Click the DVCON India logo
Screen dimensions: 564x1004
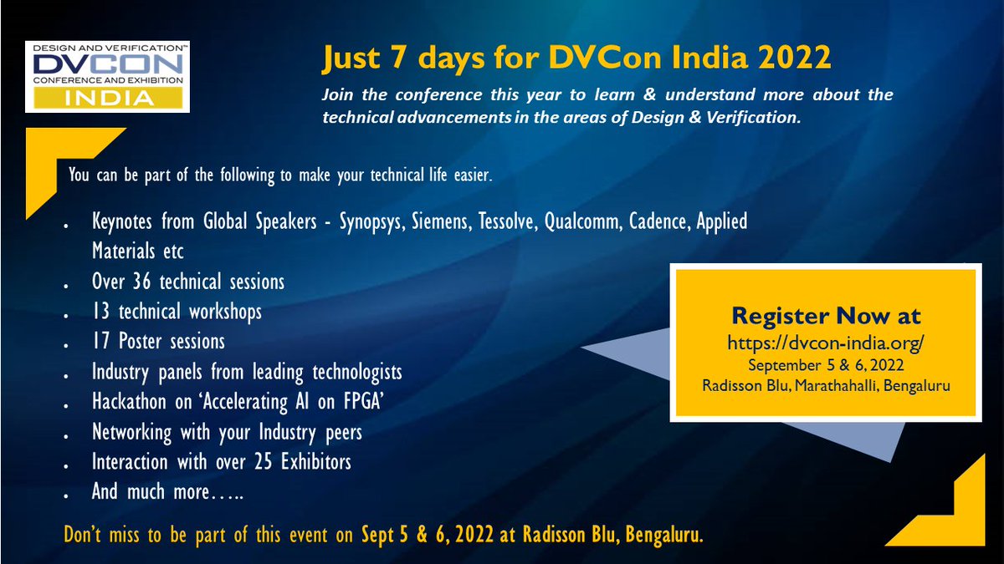click(x=106, y=75)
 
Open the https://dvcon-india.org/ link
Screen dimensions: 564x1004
click(x=825, y=343)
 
